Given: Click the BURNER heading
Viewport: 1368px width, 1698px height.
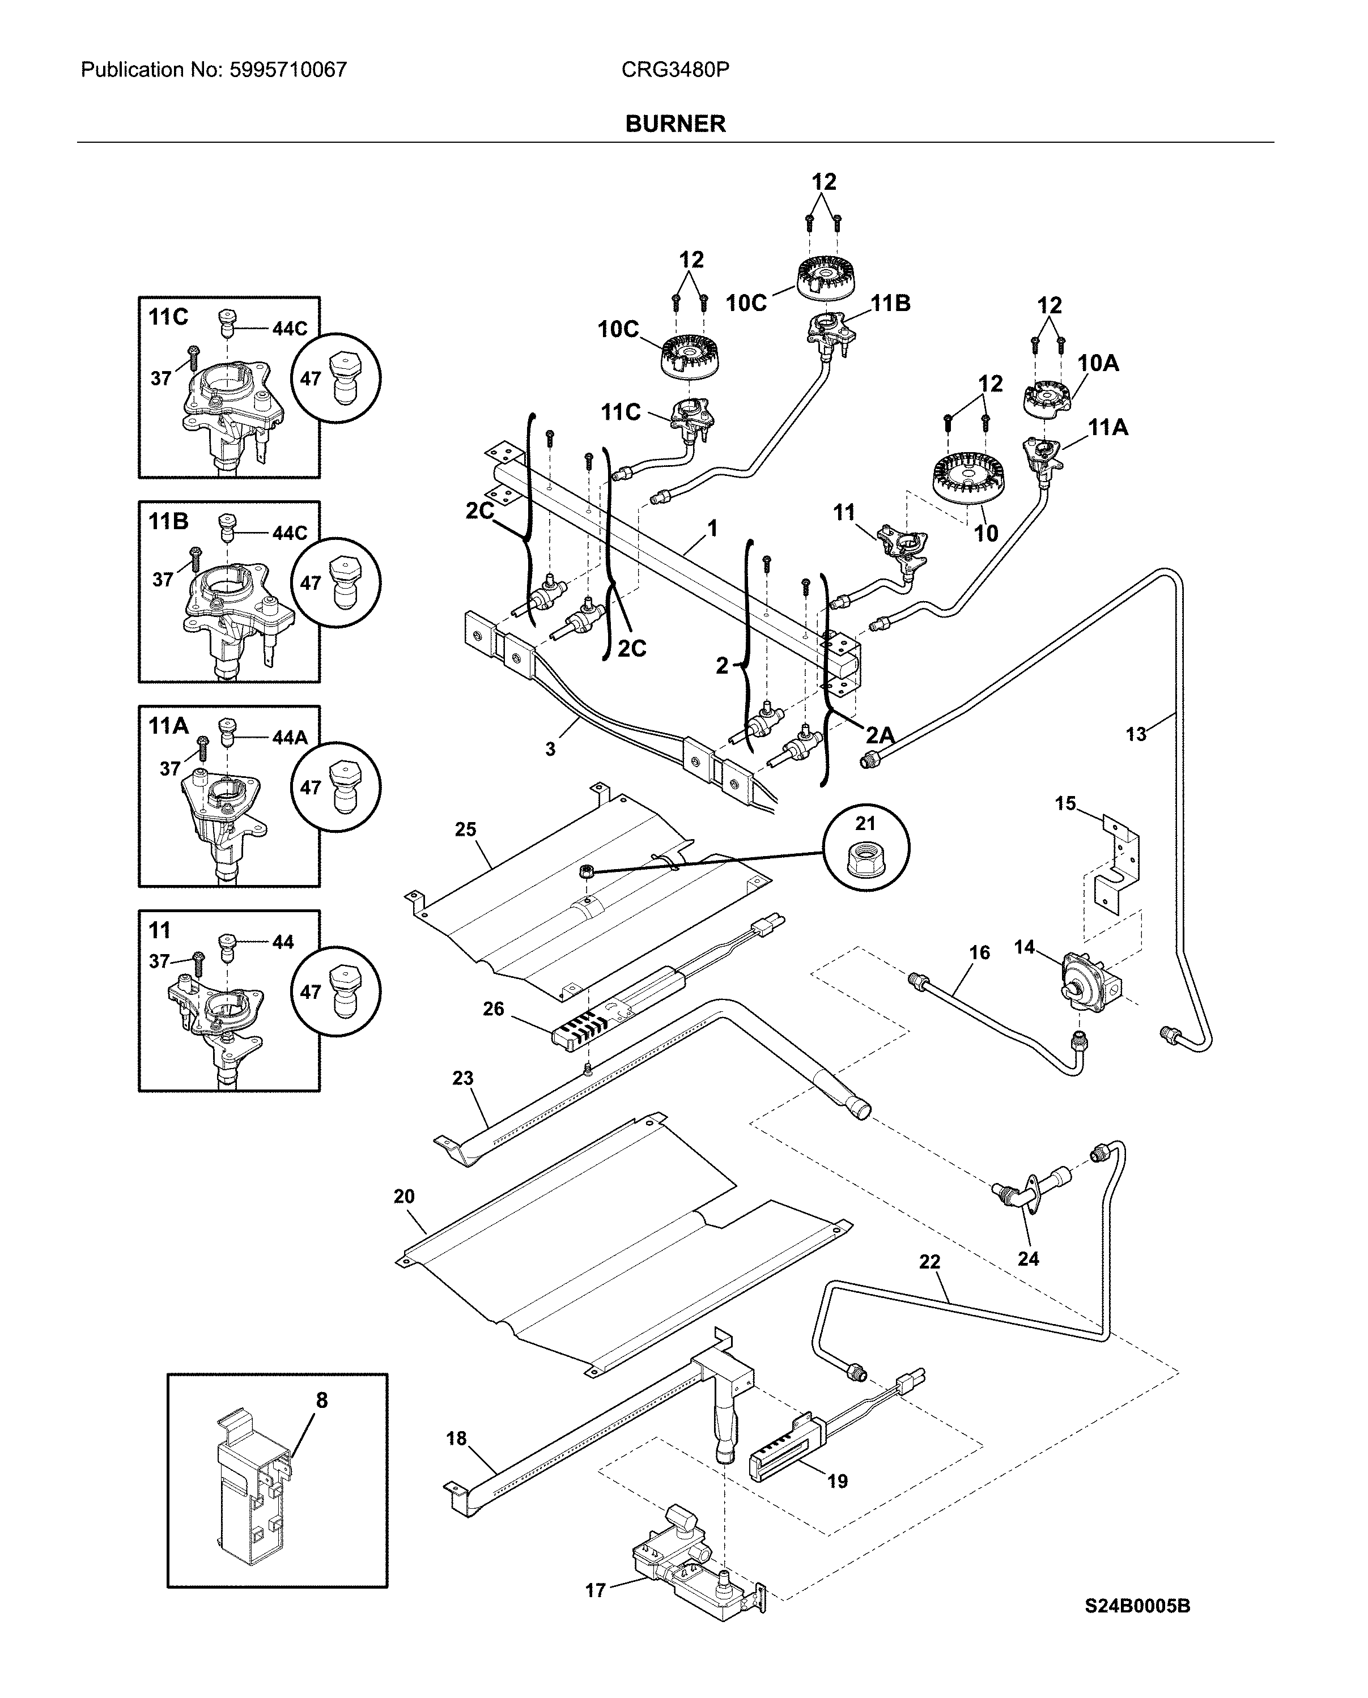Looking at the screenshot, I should pyautogui.click(x=675, y=124).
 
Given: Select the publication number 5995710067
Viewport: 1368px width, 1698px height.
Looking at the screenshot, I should pyautogui.click(x=288, y=70).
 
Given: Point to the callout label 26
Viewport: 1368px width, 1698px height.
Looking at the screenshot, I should pyautogui.click(x=493, y=1008).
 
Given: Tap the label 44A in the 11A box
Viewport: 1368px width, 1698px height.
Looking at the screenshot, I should pyautogui.click(x=289, y=738).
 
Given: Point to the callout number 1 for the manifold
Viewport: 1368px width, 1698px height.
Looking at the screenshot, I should pyautogui.click(x=712, y=528).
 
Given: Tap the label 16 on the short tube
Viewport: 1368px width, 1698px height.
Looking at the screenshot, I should pyautogui.click(x=979, y=952).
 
